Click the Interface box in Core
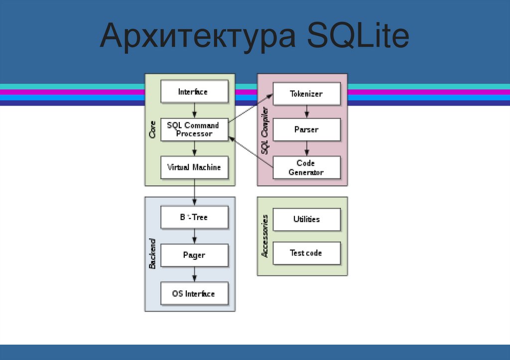point(194,92)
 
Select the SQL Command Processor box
point(194,129)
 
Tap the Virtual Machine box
point(194,167)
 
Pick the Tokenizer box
point(306,94)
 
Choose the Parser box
point(306,129)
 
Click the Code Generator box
point(306,168)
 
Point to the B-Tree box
point(194,217)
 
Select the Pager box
point(194,255)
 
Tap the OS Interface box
point(194,294)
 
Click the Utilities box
point(306,219)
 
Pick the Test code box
point(306,253)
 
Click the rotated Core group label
point(152,129)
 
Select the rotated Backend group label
point(152,254)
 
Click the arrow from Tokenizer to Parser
point(307,112)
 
